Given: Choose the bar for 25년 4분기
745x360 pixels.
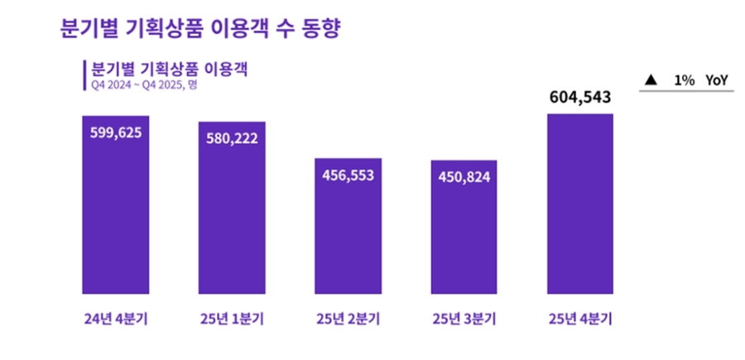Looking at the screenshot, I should point(580,207).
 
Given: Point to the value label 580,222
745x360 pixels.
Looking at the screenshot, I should point(232,137).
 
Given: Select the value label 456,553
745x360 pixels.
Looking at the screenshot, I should point(348,174).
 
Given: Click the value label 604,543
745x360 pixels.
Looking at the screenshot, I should point(580,98).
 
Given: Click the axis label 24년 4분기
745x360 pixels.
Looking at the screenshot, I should point(115,319).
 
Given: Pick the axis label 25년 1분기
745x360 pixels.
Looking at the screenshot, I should point(232,319).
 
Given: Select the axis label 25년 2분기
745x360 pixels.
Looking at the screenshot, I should point(348,319).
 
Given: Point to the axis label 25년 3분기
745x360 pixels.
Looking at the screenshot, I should point(464,319).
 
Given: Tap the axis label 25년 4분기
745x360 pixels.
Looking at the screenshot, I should point(580,319).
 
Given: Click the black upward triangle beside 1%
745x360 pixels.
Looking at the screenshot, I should point(651,80).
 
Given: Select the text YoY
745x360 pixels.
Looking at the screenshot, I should point(717,80).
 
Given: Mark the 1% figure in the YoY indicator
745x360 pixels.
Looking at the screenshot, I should point(684,80).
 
